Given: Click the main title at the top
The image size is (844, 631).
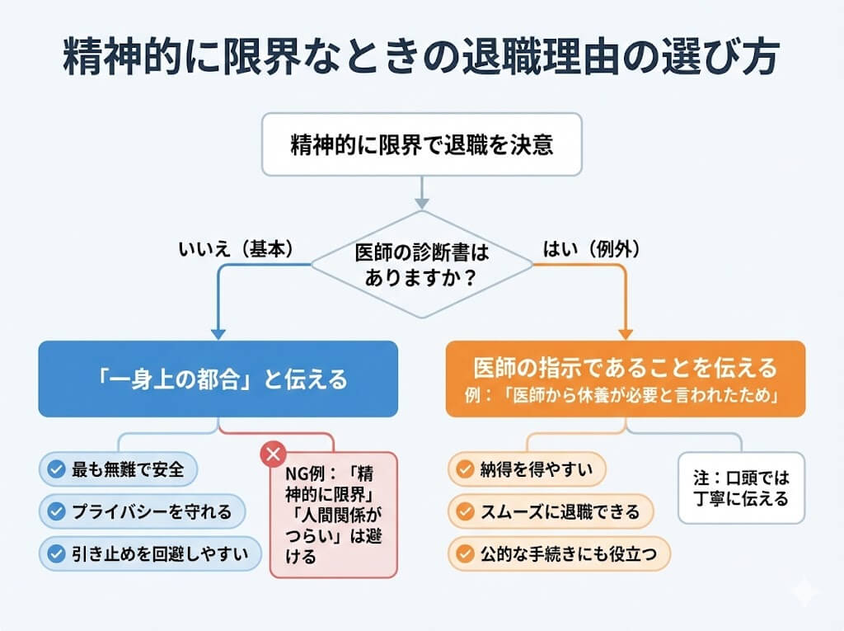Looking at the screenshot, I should coord(422,59).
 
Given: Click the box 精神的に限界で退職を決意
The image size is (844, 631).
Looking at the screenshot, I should coord(421,145).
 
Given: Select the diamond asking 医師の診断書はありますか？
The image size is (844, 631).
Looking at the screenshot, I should coord(421,265).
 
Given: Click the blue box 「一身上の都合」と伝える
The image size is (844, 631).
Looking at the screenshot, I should coord(218,379).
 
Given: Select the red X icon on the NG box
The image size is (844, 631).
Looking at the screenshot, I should coord(273,454).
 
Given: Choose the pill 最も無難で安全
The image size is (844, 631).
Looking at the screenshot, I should coord(119,469).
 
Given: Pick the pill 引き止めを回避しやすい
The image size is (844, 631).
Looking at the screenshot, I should coord(149,553).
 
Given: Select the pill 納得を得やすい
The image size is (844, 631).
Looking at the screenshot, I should coord(527,469).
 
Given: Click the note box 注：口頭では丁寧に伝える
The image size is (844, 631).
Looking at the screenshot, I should coord(740,487).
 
